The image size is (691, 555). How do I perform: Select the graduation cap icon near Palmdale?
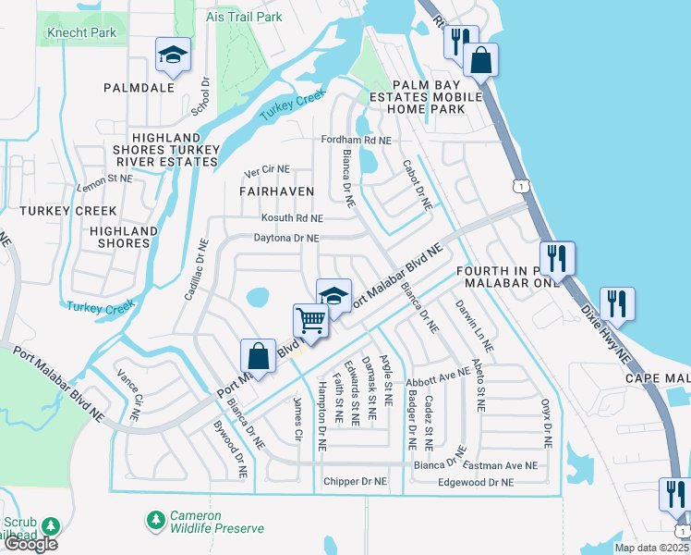coord(173,57)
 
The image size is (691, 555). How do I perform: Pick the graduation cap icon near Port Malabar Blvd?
coord(333,296)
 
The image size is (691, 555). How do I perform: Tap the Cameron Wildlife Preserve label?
coord(216,522)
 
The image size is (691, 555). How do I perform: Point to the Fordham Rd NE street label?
coord(356,140)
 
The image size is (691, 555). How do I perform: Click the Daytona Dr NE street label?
coord(286,238)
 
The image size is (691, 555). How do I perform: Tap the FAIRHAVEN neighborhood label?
coord(277,191)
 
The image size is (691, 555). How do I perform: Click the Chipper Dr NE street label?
coord(355,482)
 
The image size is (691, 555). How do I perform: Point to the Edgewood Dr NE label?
coord(475,482)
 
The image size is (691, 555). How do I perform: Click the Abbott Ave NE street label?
coord(438,376)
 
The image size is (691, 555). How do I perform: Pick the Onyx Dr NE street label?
coord(547,423)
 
